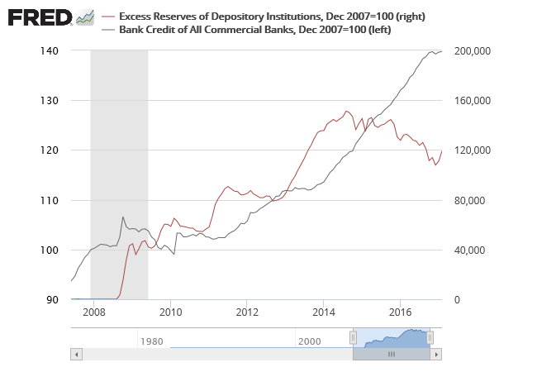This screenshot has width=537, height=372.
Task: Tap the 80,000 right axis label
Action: [473, 200]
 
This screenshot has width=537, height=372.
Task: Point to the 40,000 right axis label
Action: [473, 250]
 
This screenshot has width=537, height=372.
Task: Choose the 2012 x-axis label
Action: [247, 312]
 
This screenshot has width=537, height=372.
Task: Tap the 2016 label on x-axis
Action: [401, 312]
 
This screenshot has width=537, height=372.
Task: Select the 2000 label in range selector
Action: [309, 341]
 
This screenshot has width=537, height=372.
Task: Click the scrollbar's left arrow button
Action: [76, 354]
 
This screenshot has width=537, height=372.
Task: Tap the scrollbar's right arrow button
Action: [436, 354]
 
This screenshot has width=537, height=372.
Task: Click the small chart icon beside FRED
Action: [84, 17]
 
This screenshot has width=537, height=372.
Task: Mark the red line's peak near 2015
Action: [347, 111]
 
